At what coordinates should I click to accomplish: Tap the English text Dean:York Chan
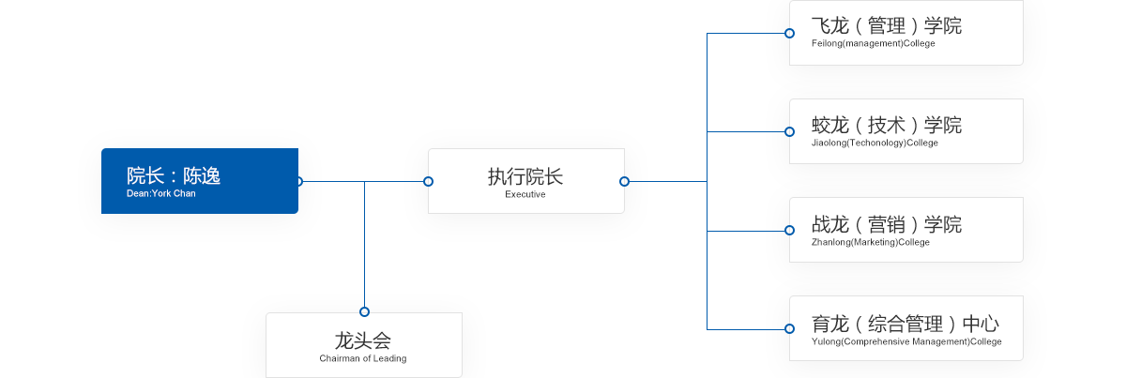tap(160, 193)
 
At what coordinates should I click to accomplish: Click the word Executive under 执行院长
tap(525, 194)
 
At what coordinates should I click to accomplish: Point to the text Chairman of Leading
tap(362, 358)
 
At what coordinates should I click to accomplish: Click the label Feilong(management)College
tap(873, 43)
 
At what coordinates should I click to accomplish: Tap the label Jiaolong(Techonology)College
tap(875, 143)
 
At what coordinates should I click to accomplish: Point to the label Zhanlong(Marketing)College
tap(870, 242)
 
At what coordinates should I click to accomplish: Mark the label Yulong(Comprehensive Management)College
tap(905, 341)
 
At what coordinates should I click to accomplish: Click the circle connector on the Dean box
tap(299, 181)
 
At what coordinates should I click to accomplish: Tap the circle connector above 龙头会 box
tap(364, 311)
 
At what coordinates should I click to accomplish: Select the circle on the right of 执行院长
tap(625, 181)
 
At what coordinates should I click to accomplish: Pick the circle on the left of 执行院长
tap(428, 181)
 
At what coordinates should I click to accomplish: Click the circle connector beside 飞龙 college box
tap(789, 33)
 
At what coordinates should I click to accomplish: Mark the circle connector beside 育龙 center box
tap(789, 328)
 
